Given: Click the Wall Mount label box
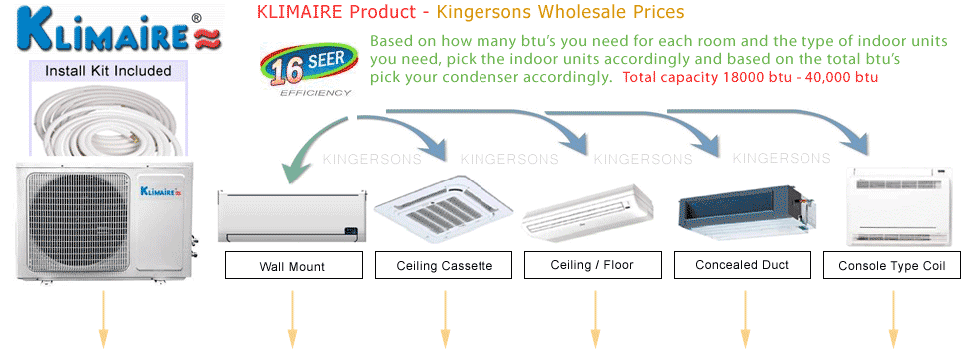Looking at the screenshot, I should (x=293, y=266).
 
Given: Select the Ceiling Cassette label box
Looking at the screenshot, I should (x=444, y=266).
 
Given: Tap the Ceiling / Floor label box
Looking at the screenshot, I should (x=592, y=265).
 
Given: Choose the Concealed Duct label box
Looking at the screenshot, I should (x=744, y=265).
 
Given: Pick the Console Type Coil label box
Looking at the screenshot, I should (x=892, y=266).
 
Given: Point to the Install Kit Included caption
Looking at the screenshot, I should (x=109, y=71).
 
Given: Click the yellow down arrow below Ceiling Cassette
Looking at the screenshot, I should (x=445, y=318).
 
